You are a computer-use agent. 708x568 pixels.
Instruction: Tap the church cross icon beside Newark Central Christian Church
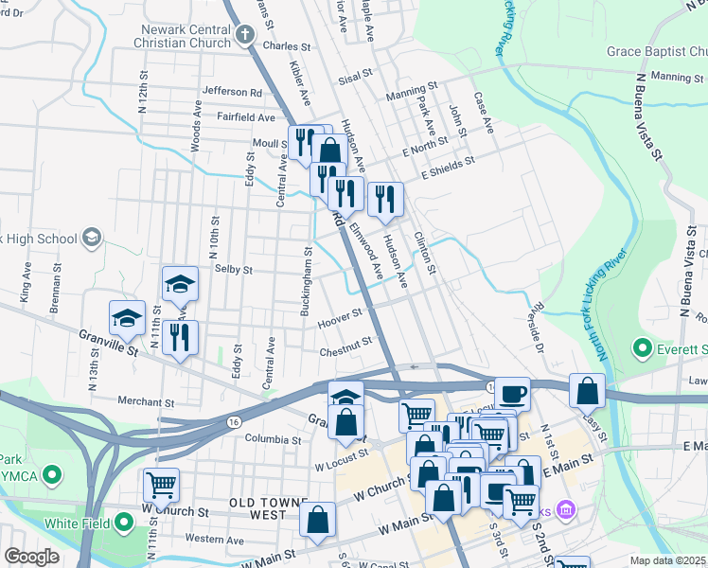(245, 36)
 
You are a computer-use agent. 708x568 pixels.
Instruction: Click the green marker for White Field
(124, 523)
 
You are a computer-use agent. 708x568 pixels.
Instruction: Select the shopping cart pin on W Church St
(161, 485)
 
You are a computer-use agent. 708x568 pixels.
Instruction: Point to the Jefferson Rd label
(232, 93)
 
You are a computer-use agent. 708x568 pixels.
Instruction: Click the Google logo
(31, 557)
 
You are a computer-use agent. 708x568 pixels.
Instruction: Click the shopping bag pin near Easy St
(587, 391)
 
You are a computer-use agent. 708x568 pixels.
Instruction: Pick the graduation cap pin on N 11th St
(178, 284)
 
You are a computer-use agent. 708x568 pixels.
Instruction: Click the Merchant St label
(146, 402)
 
